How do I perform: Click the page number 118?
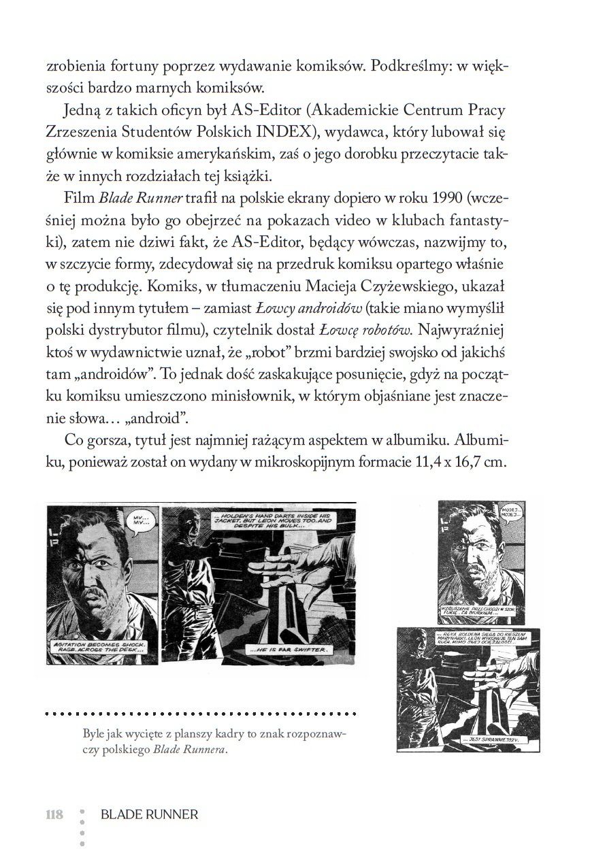point(54,814)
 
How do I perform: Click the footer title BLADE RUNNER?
point(149,814)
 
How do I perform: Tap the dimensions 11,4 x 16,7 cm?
point(461,461)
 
